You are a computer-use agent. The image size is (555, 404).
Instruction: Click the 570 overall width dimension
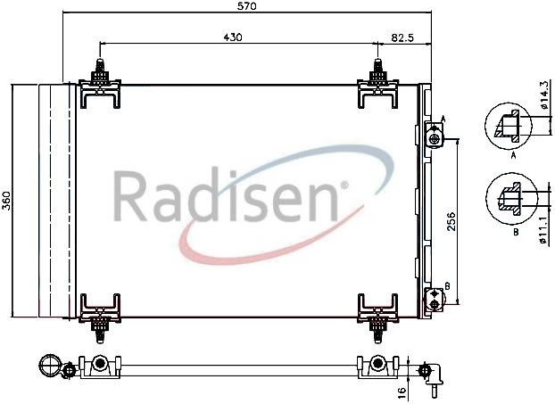pos(246,5)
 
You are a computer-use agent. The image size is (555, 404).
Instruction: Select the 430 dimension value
pos(233,37)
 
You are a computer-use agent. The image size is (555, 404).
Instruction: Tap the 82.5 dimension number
pos(402,37)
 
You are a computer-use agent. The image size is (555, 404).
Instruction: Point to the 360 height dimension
pos(7,201)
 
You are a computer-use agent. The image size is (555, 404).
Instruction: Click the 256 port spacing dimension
pos(451,222)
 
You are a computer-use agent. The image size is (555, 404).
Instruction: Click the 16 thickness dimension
pos(402,392)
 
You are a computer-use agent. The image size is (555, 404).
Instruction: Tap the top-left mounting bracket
pos(100,84)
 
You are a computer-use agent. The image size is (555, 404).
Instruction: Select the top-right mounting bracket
pos(377,84)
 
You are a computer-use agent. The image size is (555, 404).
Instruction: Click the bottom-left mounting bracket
pos(100,317)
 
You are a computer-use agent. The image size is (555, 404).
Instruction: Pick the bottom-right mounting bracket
pos(377,317)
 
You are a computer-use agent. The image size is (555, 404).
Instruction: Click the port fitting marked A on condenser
pos(434,136)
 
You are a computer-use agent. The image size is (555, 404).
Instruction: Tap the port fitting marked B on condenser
pos(434,300)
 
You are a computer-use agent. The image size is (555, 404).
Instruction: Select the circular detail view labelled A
pos(508,126)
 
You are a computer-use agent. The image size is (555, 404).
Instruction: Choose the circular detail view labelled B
pos(510,199)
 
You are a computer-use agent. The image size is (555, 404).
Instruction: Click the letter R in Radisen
pos(130,196)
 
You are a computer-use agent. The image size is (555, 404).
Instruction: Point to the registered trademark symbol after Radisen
pos(344,185)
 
